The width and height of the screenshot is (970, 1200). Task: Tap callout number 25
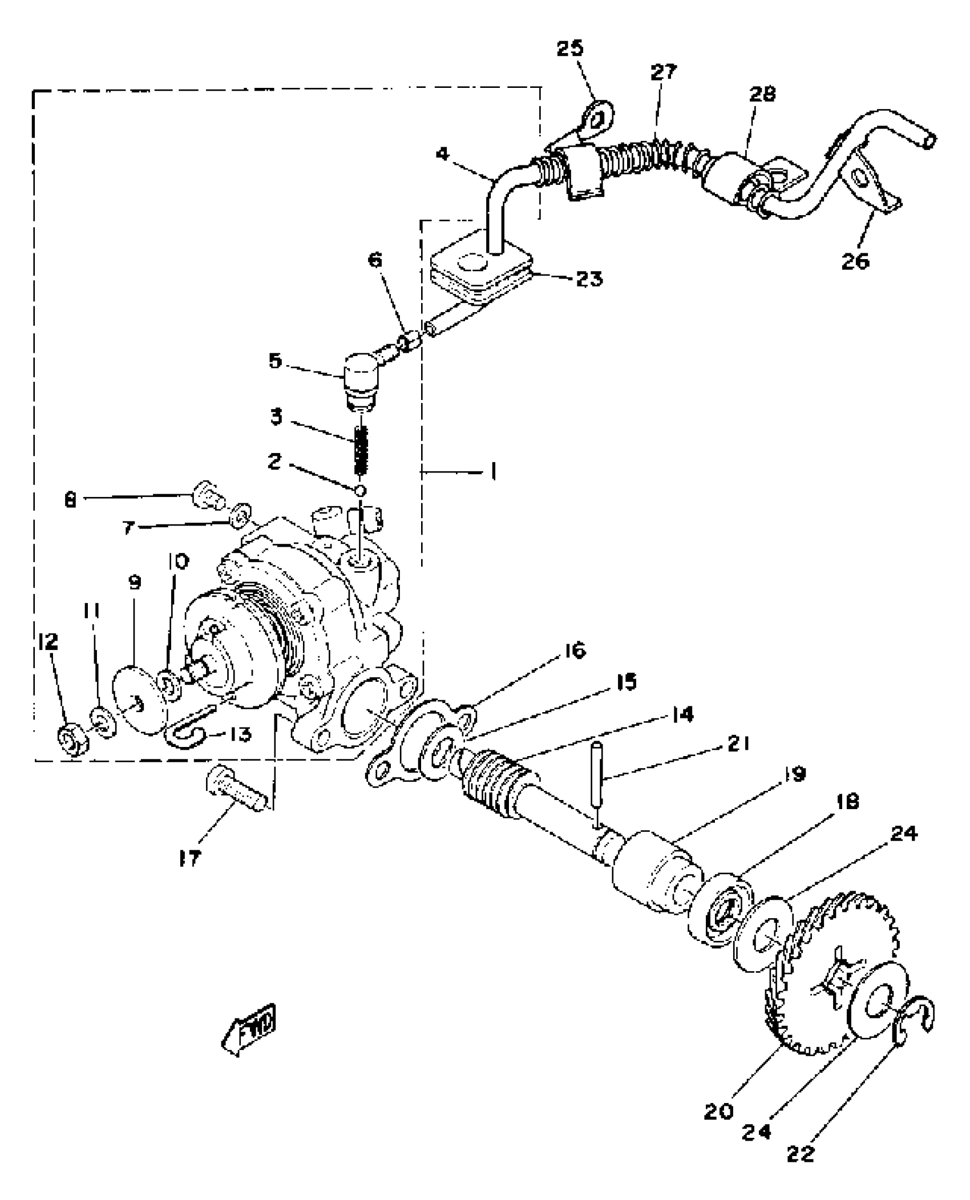(570, 48)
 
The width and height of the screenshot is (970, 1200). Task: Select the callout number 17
(189, 859)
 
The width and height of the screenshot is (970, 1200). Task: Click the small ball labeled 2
(360, 490)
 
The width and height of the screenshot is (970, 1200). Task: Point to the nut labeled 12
(71, 741)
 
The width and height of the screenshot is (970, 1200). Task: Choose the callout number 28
(762, 94)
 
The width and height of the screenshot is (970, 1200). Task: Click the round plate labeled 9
(140, 702)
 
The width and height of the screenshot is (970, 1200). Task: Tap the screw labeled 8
(207, 495)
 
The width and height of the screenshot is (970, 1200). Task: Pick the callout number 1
(492, 472)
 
